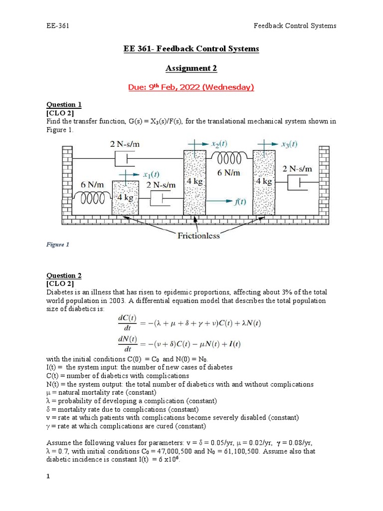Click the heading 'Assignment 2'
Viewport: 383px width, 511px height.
(191, 68)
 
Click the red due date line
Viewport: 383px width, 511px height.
(191, 87)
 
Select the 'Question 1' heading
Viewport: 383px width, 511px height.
(64, 104)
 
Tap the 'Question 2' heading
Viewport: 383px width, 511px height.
(64, 275)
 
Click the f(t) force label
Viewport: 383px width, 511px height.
(240, 201)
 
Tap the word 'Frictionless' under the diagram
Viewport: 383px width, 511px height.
(198, 236)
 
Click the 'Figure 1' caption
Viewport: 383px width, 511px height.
(58, 245)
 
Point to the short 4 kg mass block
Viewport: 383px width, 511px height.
(125, 197)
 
